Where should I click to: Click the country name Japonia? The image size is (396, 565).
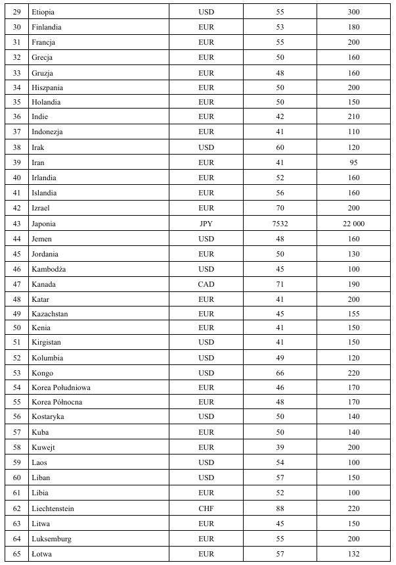(x=44, y=224)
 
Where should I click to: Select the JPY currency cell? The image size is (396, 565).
(x=206, y=224)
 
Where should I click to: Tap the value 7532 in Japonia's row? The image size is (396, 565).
(x=280, y=224)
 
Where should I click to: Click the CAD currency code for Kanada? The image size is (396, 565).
(x=206, y=284)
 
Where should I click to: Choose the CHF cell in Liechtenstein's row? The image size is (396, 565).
(x=206, y=508)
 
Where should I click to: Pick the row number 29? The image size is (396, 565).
(x=17, y=12)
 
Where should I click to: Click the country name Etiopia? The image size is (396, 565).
(x=43, y=12)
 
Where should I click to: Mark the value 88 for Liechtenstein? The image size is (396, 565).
(x=280, y=508)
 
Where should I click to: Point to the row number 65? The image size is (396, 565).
(x=17, y=553)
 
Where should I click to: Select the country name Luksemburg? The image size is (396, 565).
(x=52, y=538)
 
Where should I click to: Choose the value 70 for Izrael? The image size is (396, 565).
(x=280, y=208)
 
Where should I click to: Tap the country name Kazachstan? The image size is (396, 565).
(x=50, y=314)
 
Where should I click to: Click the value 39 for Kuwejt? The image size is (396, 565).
(x=280, y=447)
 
